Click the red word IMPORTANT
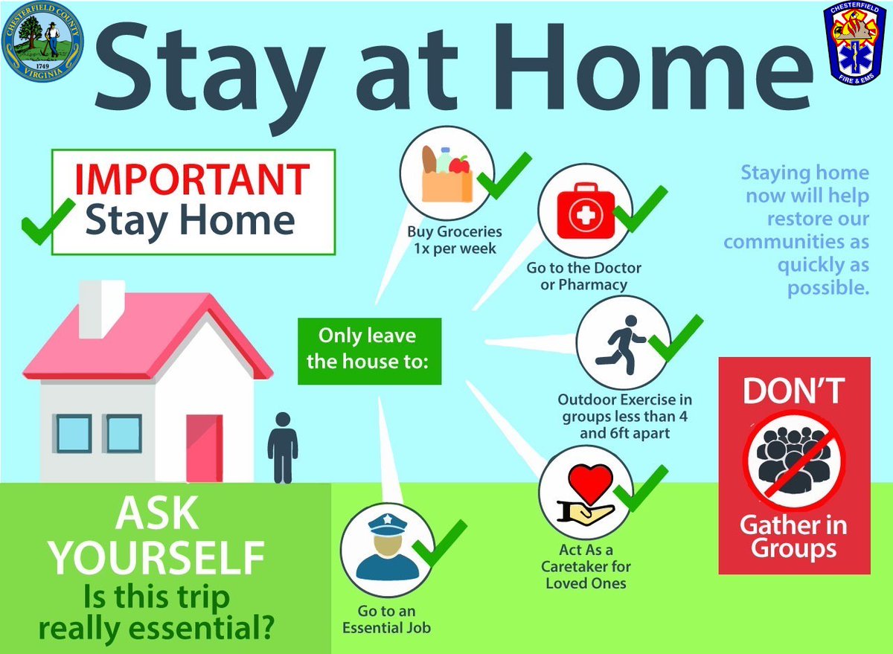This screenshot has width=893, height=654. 193,179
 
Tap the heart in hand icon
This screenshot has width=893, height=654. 586,493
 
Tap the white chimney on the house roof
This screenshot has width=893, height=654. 101,307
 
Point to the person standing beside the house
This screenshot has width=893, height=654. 282,446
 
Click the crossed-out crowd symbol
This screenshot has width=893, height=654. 794,461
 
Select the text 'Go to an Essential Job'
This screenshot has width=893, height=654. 385,619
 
